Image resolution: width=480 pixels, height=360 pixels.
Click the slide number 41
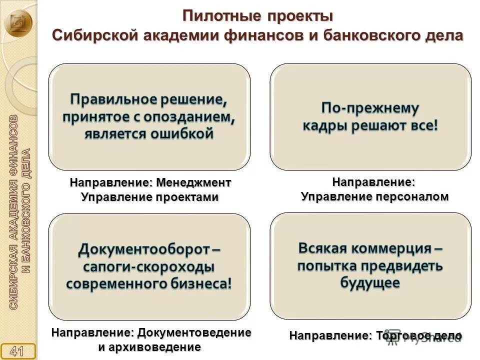pos(18,350)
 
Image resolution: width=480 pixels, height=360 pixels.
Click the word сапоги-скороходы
pos(149,266)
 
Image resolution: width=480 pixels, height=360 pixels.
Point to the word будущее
pos(370,282)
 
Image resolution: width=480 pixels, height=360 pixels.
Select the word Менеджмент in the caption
pos(193,183)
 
